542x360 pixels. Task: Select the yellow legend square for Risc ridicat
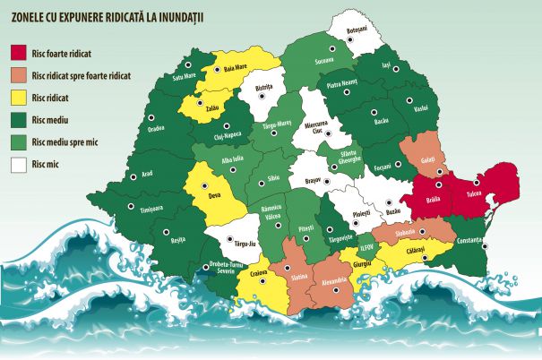pyautogui.click(x=17, y=97)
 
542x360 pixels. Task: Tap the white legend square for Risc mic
pyautogui.click(x=17, y=164)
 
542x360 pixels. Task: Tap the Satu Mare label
pyautogui.click(x=183, y=76)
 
